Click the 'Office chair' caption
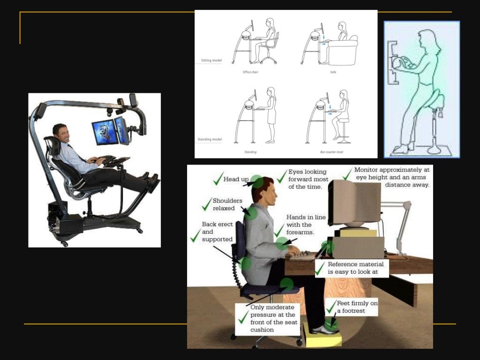click(x=250, y=72)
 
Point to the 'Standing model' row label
click(x=209, y=140)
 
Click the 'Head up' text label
click(x=236, y=180)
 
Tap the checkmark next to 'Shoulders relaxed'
click(x=207, y=204)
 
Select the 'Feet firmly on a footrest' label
click(x=357, y=307)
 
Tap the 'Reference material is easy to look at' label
click(x=352, y=268)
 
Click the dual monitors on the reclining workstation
click(x=111, y=131)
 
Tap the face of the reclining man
click(x=61, y=134)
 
